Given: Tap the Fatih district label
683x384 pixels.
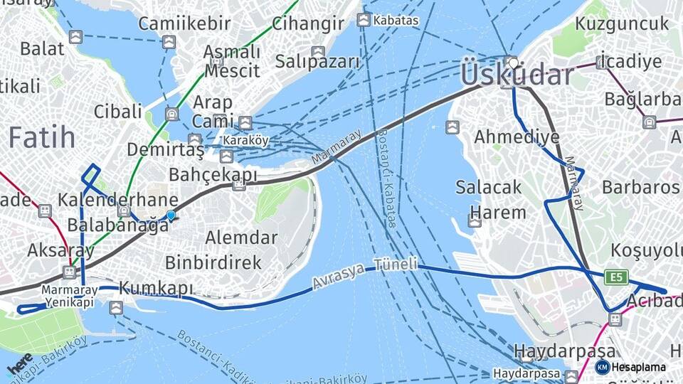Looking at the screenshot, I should pos(42,137).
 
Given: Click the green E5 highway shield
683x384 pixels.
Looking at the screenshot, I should pos(616,277).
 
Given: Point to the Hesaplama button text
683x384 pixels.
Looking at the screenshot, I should pos(638,367).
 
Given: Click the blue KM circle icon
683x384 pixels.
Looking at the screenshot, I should pos(603,367).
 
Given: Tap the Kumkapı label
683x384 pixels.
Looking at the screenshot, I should pos(156,288).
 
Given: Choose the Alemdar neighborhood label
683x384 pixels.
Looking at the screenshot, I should pos(241,237).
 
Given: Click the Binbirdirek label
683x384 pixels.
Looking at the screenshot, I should pos(213,262).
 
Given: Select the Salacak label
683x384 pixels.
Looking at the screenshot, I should pos(489,188).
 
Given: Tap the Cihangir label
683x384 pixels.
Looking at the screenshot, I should pos(308,23).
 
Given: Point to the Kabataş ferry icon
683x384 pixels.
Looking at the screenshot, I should pos(364,20).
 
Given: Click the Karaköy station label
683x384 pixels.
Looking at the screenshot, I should pos(245,140).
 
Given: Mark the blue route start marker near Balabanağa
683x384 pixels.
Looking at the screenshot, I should pos(170,216).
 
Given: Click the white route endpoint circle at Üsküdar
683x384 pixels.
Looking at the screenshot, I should pos(513,63).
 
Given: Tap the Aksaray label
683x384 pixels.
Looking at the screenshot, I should pos(51,250).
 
